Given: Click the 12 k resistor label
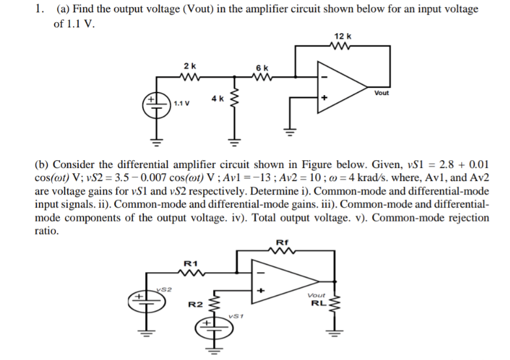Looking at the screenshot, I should pyautogui.click(x=343, y=35).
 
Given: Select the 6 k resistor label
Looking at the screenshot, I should pyautogui.click(x=262, y=68).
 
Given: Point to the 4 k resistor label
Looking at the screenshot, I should pyautogui.click(x=218, y=98).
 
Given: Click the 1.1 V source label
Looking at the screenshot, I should pyautogui.click(x=182, y=104).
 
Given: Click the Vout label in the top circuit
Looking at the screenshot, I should pyautogui.click(x=382, y=93).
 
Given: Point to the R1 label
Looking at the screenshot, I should pyautogui.click(x=190, y=263).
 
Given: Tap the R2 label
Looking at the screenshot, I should pyautogui.click(x=193, y=304).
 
